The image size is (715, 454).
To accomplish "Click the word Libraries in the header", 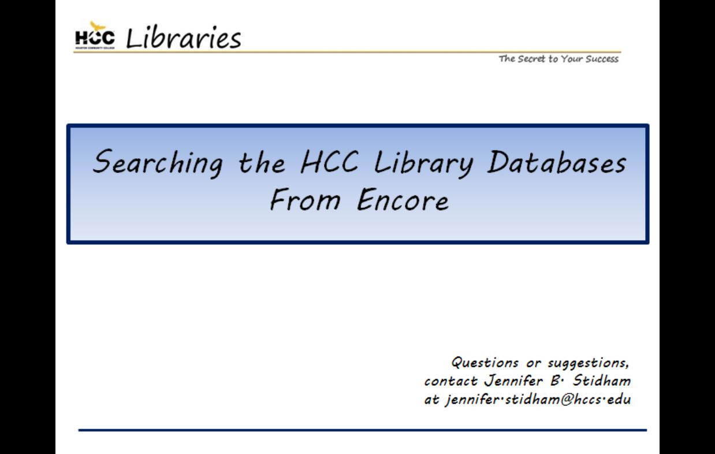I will point(183,39).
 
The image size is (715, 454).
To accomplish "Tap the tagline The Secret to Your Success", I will point(558,59).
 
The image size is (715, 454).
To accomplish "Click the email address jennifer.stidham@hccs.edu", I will point(538,400).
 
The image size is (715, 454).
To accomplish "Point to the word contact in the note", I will point(450,381).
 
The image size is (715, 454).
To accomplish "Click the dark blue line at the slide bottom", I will point(363,430).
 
